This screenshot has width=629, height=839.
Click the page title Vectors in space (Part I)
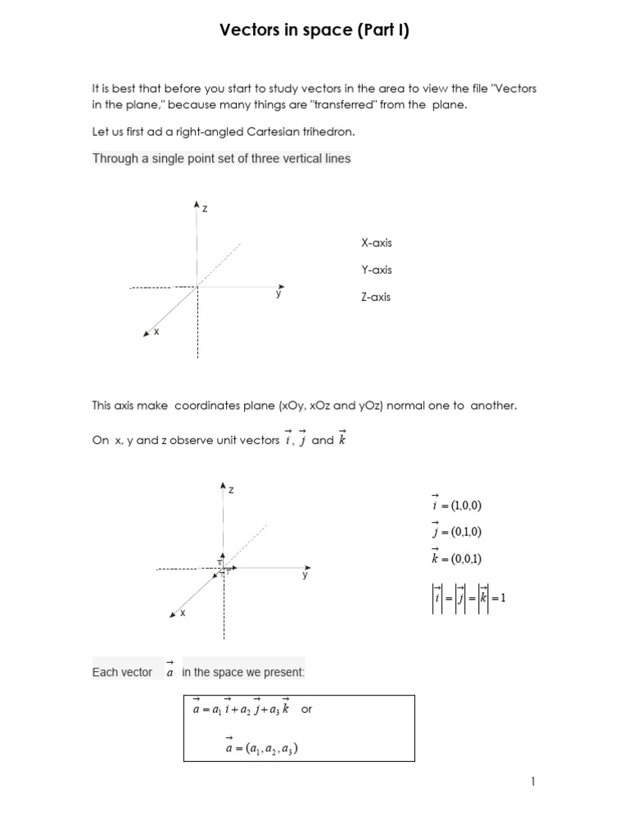coord(314,31)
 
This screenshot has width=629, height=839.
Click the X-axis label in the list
coord(376,243)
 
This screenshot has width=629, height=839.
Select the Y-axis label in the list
coord(376,270)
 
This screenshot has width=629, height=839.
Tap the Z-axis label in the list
coord(376,297)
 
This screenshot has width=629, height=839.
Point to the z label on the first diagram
coord(205,209)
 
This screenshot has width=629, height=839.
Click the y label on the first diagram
coord(278,294)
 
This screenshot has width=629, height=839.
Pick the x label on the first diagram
coord(156,331)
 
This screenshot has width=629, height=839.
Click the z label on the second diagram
coord(231,490)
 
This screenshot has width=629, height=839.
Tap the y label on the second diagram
coord(305,575)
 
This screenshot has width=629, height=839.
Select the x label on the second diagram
coord(182,612)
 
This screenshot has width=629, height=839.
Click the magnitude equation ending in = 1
coord(469,597)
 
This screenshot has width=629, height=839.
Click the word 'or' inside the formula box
coord(307,710)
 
